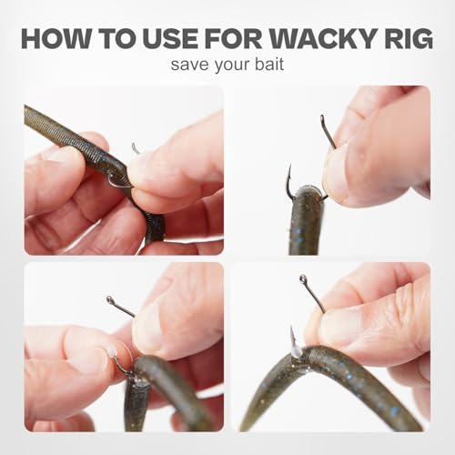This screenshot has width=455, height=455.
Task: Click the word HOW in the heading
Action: click(56, 39)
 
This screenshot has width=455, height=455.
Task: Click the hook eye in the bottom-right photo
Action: click(303, 278)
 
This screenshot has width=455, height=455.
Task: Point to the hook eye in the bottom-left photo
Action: click(110, 300)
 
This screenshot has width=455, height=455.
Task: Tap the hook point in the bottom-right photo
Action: click(292, 328)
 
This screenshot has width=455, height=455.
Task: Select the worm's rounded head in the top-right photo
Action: click(308, 194)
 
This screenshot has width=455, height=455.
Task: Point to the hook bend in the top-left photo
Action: click(116, 184)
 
